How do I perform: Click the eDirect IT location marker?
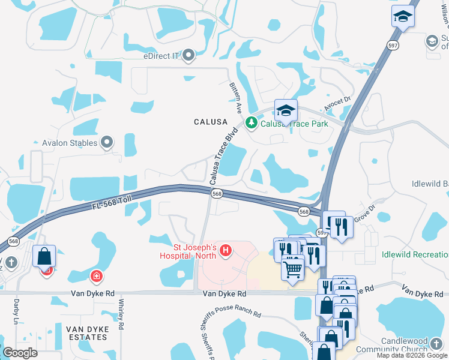pos(190,56)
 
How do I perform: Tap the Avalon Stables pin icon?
pos(107,143)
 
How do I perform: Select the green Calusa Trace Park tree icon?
pos(251,124)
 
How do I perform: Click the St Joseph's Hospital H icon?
pos(226,250)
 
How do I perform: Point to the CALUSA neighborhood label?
pos(210,121)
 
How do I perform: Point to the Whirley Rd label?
pos(121,314)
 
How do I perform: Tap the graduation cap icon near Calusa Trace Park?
pos(286,110)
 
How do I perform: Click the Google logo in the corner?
pos(20,352)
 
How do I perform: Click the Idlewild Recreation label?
pos(415,254)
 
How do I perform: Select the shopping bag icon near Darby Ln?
pos(44,256)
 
